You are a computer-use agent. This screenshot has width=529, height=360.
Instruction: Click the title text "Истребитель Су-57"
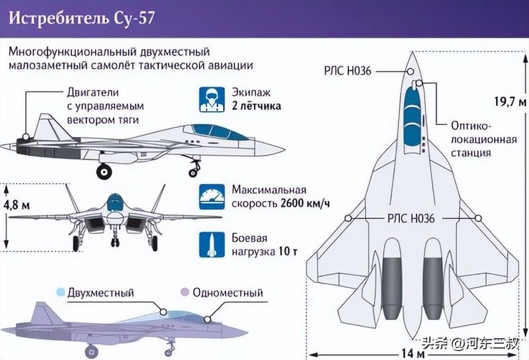click(81, 19)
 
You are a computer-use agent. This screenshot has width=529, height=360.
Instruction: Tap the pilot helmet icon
click(212, 100)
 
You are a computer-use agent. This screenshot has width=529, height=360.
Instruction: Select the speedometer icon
click(212, 197)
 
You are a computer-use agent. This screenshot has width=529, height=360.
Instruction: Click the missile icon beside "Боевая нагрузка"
click(212, 245)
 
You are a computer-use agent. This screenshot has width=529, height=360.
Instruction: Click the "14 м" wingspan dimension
click(413, 353)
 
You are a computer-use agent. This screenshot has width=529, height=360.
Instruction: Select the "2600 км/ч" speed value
click(305, 204)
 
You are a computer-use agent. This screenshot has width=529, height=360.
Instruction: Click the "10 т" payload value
click(288, 251)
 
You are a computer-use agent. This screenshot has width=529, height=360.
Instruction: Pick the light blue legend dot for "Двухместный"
click(61, 292)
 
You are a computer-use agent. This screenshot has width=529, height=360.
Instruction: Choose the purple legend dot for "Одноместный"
click(184, 292)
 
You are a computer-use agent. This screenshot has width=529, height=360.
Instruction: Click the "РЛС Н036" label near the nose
click(348, 71)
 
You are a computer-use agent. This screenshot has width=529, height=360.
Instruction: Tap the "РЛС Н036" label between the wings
click(411, 218)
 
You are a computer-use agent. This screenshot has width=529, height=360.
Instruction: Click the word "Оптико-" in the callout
click(471, 126)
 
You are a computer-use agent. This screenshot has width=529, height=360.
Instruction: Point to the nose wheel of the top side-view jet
click(193, 173)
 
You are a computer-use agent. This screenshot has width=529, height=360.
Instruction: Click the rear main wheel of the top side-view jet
click(104, 171)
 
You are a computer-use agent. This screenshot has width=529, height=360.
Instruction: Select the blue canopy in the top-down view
click(412, 116)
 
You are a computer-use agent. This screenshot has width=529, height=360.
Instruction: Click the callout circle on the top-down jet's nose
click(410, 71)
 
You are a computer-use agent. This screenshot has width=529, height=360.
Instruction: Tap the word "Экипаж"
click(251, 92)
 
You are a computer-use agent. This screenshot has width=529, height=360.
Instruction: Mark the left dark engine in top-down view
click(392, 289)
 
